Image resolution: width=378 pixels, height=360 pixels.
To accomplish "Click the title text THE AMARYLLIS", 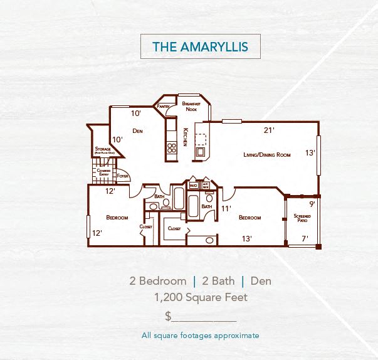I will click(x=200, y=46).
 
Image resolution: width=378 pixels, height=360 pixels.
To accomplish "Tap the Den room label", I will click(x=138, y=131).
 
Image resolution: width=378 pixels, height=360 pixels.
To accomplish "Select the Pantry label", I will click(x=164, y=107).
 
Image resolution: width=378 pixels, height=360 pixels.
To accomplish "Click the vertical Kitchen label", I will click(x=185, y=137).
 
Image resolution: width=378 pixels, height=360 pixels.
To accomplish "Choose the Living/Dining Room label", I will click(x=266, y=154).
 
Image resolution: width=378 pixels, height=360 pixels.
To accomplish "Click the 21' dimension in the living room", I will click(x=269, y=130).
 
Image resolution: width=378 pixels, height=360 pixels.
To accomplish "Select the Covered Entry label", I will click(x=103, y=172).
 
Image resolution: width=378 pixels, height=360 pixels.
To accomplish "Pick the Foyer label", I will click(x=123, y=176).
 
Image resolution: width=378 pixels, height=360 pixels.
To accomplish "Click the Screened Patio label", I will click(x=302, y=218).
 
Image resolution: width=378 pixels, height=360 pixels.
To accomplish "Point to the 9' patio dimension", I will click(x=312, y=203).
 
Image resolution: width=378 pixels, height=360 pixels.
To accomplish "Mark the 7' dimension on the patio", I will click(x=305, y=238).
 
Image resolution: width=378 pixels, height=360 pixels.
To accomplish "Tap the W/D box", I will click(x=194, y=186).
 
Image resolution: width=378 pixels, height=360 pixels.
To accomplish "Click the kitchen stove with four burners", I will click(x=171, y=149).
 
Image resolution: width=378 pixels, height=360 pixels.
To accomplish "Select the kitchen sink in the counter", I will click(x=200, y=151).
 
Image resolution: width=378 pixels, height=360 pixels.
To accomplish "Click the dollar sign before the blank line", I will click(x=168, y=316).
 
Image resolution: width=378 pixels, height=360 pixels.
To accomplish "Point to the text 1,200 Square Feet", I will click(x=201, y=297).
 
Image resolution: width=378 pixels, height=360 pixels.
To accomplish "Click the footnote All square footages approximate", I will click(x=200, y=336).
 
